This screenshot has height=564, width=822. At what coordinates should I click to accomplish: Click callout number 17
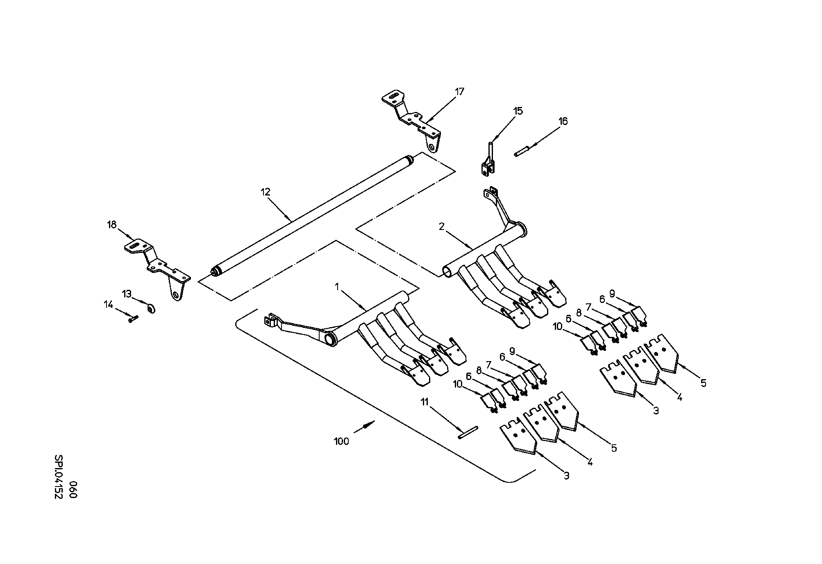click(459, 91)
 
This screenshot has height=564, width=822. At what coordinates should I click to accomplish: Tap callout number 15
click(518, 111)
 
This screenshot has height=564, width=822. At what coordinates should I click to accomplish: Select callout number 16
click(563, 121)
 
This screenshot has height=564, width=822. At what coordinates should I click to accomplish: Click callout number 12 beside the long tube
click(266, 191)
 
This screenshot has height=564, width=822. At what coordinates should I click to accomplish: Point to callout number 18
click(111, 225)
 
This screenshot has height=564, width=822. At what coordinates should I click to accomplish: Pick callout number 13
click(127, 294)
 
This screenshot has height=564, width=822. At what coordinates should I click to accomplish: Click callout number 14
click(108, 304)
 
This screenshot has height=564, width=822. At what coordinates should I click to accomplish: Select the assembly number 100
click(341, 441)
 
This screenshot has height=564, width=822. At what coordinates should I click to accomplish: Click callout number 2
click(441, 227)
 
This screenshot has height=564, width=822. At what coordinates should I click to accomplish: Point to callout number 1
click(337, 287)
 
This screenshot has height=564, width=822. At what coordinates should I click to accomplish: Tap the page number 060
click(73, 489)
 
